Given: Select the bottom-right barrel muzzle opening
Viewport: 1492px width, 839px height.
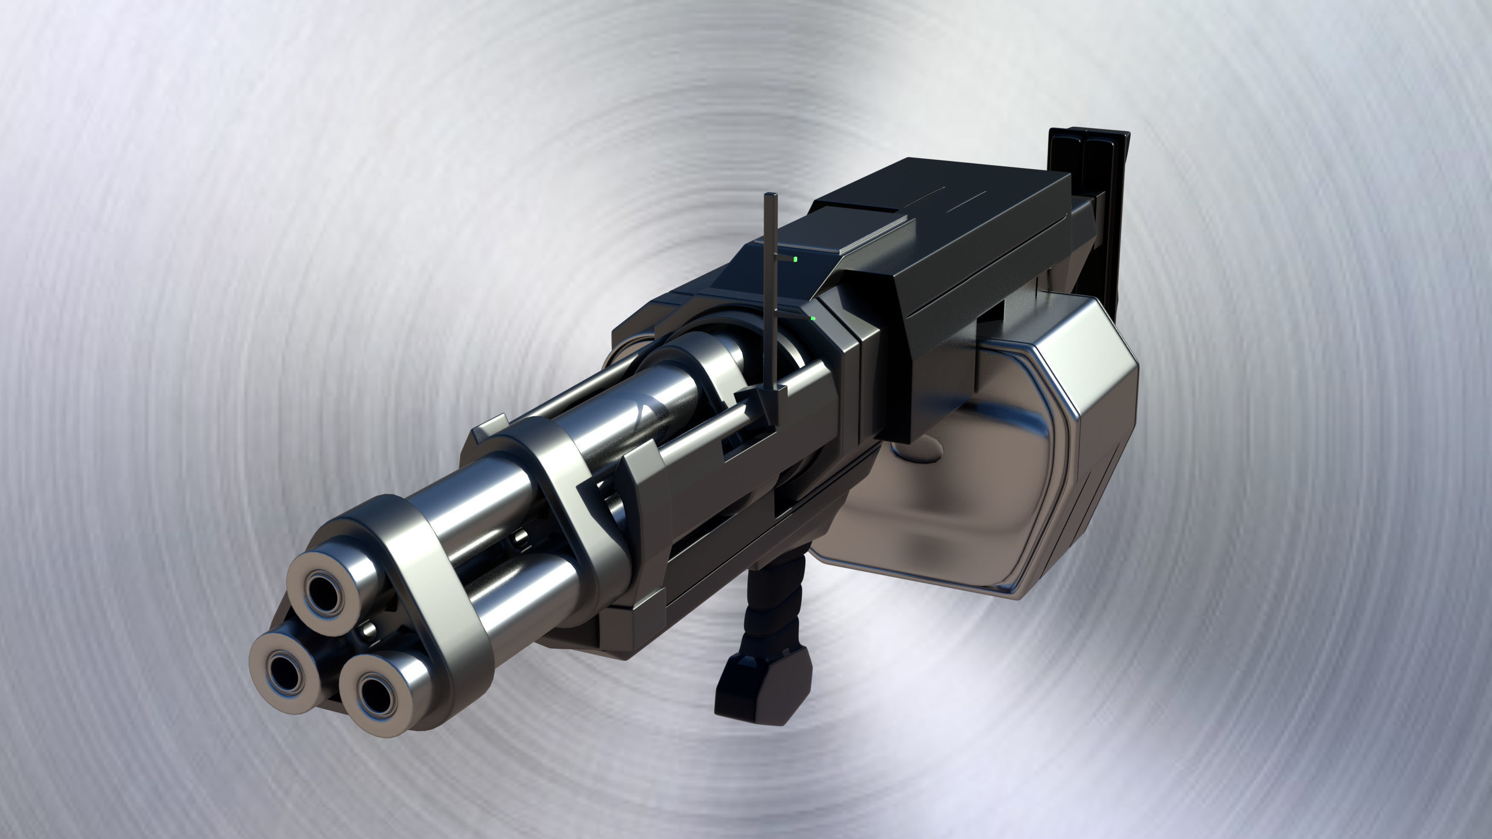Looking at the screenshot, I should (x=374, y=693).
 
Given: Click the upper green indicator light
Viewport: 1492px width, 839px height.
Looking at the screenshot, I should (x=796, y=259).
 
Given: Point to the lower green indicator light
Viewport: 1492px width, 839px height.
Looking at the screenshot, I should (x=813, y=319).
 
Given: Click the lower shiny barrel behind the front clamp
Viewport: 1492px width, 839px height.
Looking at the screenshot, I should (x=521, y=585).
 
